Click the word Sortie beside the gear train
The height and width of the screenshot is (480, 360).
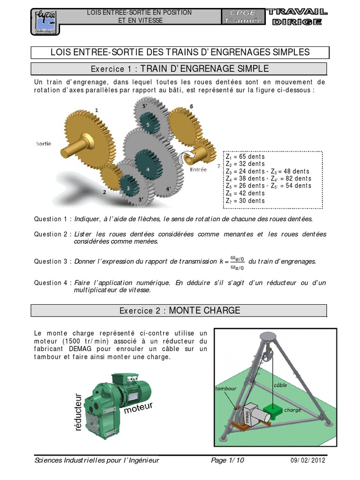[44, 143]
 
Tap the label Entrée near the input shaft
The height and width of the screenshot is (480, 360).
[198, 170]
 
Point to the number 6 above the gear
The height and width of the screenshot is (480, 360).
[191, 106]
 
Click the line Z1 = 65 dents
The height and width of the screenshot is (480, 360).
[245, 157]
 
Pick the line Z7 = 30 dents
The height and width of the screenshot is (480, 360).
[245, 201]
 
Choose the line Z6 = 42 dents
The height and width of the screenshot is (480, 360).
[245, 193]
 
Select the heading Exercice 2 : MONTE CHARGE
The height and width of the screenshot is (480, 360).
[180, 310]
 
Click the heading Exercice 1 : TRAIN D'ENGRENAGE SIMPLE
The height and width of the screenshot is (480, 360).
[180, 69]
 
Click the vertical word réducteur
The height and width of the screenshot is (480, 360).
[78, 413]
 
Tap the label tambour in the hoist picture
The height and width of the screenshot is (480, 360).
[225, 389]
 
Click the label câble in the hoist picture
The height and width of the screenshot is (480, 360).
[280, 385]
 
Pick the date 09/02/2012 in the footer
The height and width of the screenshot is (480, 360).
[308, 460]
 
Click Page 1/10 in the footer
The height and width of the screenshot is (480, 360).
[227, 460]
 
